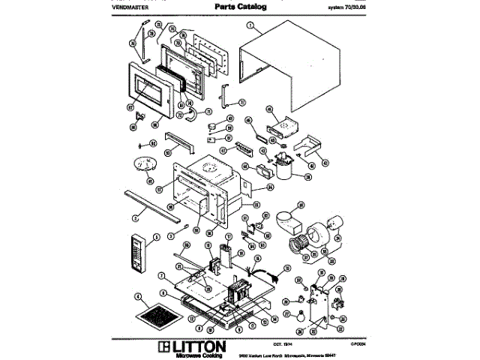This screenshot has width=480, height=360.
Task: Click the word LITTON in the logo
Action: [x=199, y=346]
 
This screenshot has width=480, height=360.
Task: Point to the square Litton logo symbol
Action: [x=164, y=347]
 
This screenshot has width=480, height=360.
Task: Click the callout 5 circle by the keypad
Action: [x=157, y=237]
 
